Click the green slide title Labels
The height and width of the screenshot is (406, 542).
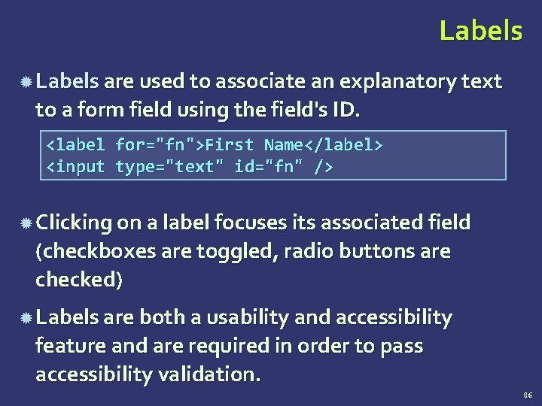tap(480, 31)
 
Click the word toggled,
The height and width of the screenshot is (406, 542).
tap(236, 251)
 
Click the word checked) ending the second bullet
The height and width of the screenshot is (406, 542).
tap(79, 280)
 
